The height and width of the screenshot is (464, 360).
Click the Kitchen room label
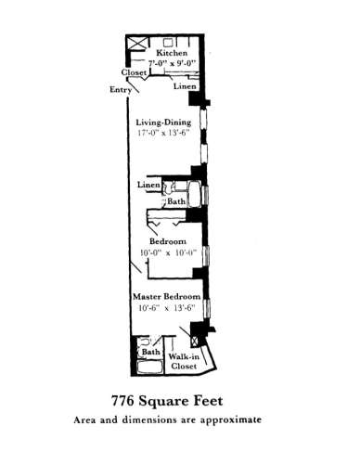(x=172, y=54)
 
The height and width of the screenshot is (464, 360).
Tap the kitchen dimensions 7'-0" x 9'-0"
(x=172, y=64)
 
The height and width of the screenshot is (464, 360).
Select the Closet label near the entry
(x=135, y=71)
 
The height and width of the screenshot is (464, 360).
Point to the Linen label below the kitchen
(x=184, y=86)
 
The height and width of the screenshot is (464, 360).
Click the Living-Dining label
(x=163, y=121)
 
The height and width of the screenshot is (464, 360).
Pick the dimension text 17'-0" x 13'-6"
(x=163, y=132)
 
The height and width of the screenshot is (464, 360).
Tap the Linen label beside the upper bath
(x=148, y=186)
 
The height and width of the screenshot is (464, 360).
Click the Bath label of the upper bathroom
(x=175, y=201)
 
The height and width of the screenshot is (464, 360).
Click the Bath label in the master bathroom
(x=150, y=352)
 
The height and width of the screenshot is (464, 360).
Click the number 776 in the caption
(x=127, y=402)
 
